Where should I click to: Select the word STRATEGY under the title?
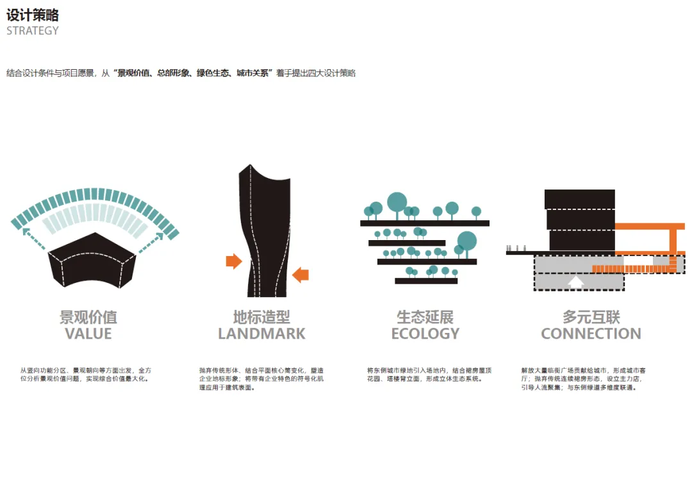click(33, 31)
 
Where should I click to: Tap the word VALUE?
click(88, 334)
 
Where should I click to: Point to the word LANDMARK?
click(261, 334)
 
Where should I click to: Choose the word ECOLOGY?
click(425, 334)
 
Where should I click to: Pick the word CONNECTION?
click(591, 334)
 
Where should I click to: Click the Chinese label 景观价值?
click(88, 318)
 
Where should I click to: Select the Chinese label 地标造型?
click(261, 318)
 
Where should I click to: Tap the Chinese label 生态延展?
click(425, 318)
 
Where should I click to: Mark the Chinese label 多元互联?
click(591, 318)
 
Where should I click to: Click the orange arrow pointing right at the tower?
click(234, 261)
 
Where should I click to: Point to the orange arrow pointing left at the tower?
click(301, 275)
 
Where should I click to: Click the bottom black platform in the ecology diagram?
click(426, 281)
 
